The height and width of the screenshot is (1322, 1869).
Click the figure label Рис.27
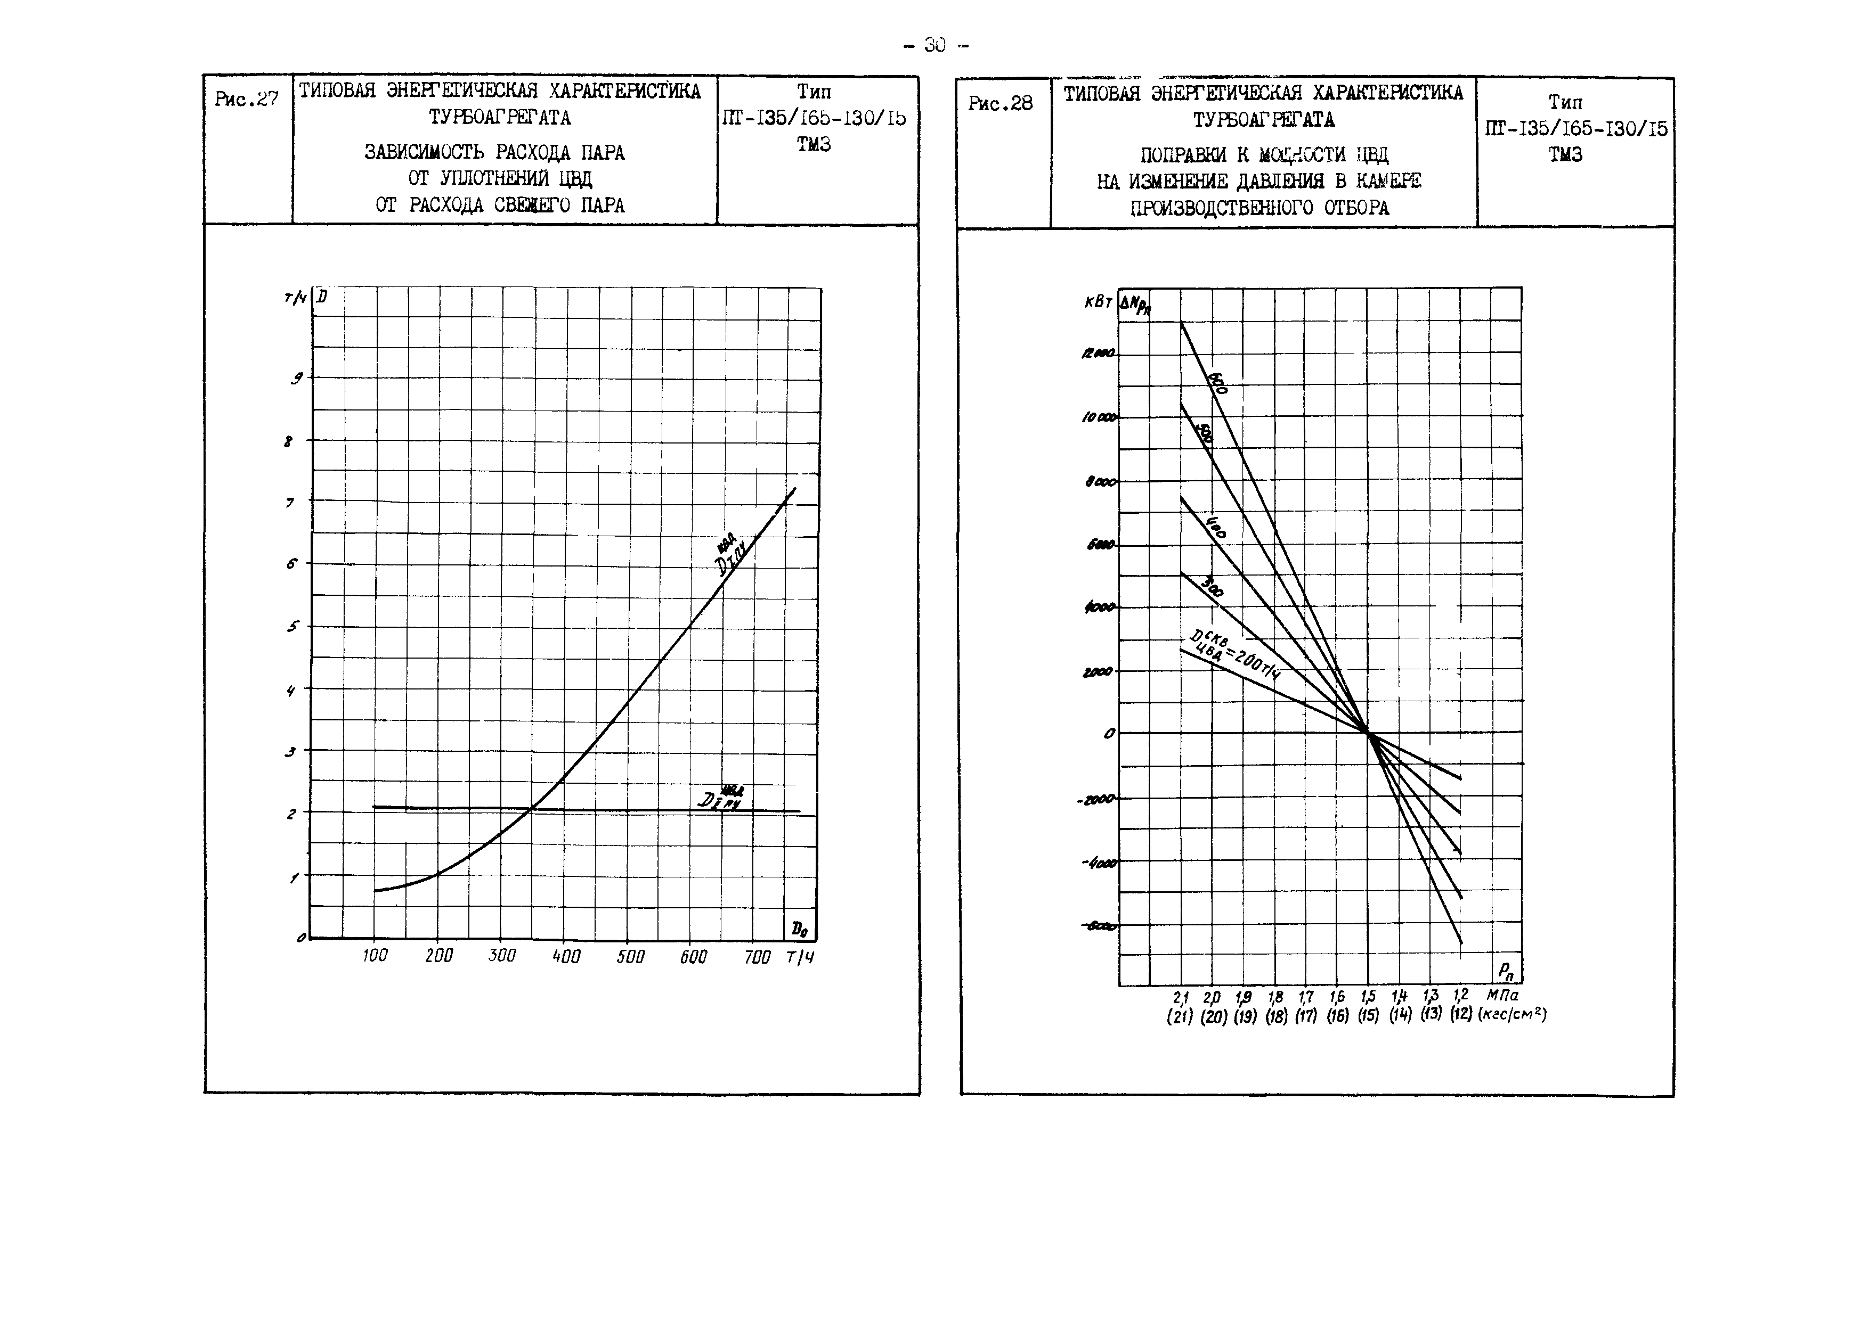tap(246, 100)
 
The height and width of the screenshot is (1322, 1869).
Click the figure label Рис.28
tap(1000, 103)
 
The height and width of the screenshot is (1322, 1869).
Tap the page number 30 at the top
tap(935, 46)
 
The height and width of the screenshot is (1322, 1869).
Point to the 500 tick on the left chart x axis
tap(630, 957)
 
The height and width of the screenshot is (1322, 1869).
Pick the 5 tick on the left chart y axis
tap(293, 627)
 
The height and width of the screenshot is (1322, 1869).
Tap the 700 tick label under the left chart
tap(757, 957)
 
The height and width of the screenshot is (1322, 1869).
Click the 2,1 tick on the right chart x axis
tap(1181, 997)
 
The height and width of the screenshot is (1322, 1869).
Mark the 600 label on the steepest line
tap(1217, 383)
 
